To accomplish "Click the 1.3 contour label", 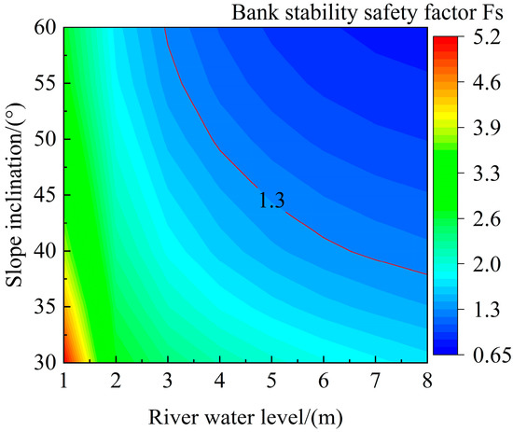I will coord(270,198).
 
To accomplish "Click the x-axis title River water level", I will coord(245,411).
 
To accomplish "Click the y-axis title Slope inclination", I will coord(16,196).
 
